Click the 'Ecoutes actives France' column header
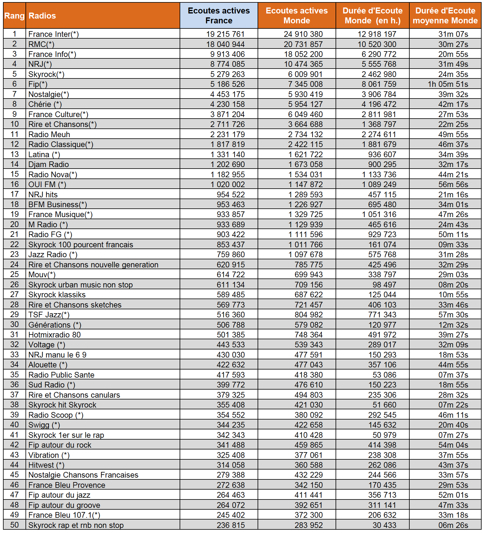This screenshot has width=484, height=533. click(219, 16)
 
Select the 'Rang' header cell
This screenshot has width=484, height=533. click(14, 16)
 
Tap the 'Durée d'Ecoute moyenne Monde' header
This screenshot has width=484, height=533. click(445, 16)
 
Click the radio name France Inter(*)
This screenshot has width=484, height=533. click(53, 34)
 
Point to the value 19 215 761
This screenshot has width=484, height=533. click(225, 34)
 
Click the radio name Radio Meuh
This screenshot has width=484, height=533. click(49, 134)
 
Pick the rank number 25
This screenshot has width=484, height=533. click(14, 275)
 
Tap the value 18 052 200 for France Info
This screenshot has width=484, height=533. click(303, 54)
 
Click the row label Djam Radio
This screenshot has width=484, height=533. click(49, 164)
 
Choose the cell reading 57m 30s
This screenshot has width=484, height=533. click(453, 315)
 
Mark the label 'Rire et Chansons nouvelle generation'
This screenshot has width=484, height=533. click(93, 265)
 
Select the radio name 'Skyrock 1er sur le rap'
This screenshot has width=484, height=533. click(66, 435)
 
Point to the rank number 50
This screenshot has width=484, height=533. click(14, 525)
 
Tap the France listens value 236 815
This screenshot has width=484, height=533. click(231, 525)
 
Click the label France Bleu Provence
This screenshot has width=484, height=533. click(67, 485)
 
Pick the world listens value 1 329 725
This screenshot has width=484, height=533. click(305, 214)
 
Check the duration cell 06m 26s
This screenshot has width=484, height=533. click(453, 525)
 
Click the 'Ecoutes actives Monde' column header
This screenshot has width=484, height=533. click(297, 16)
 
